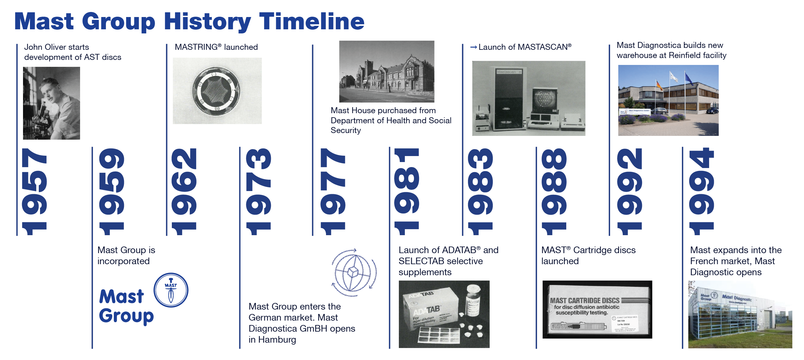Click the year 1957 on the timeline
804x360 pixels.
[x=34, y=191]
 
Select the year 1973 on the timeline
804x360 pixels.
[x=259, y=191]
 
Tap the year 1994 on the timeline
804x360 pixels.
[x=701, y=191]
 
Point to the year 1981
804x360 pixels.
[x=407, y=191]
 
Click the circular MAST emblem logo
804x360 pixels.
[x=171, y=290]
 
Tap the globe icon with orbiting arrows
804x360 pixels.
[x=354, y=272]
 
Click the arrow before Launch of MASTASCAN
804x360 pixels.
[x=473, y=47]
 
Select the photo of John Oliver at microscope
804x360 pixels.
[x=51, y=103]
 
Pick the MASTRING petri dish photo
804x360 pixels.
[x=217, y=91]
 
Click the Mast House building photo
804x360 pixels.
[x=387, y=72]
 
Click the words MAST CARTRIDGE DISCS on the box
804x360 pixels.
[x=585, y=300]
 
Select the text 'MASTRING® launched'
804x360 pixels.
[x=216, y=47]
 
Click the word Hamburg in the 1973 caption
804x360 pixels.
[x=277, y=340]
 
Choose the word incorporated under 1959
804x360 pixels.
[x=124, y=261]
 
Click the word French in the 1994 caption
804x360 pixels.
[x=705, y=261]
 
